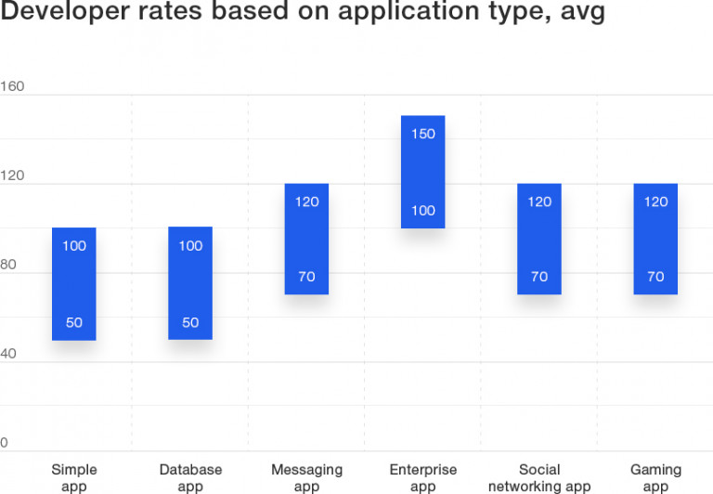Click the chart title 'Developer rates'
[x=302, y=14]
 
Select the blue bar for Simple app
[x=74, y=284]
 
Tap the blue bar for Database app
[x=190, y=283]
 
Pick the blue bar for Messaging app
[x=306, y=239]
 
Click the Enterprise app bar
[x=422, y=172]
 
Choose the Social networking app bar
[x=539, y=239]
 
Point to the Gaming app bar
[x=655, y=239]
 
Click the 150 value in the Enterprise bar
[x=422, y=134]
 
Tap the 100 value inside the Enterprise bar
[x=422, y=211]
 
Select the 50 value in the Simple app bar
[x=74, y=323]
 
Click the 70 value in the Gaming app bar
[x=655, y=277]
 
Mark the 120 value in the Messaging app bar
[x=306, y=201]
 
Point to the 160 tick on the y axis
[x=12, y=87]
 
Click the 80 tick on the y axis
[x=8, y=266]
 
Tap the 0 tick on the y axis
[x=4, y=443]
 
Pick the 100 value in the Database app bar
[x=190, y=246]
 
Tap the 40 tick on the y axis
[x=8, y=354]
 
